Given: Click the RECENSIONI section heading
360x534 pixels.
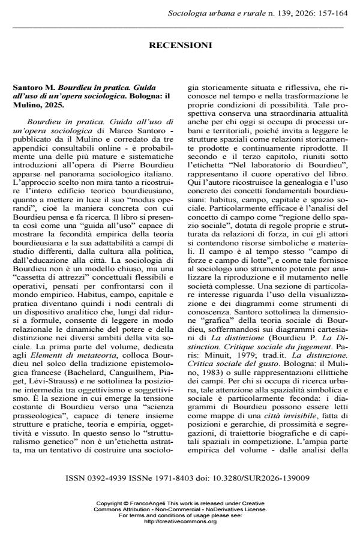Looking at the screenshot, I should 180,45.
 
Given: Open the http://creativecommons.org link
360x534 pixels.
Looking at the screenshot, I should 180,521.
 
